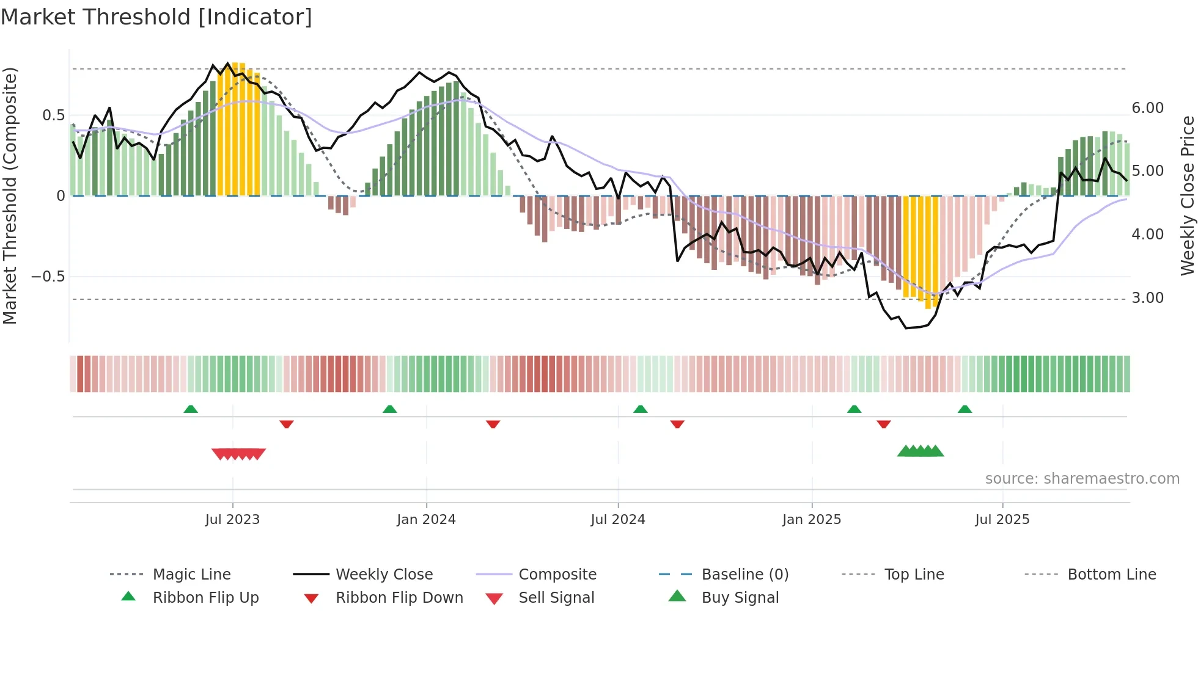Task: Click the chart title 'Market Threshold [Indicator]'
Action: point(156,17)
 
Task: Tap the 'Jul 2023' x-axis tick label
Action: point(232,520)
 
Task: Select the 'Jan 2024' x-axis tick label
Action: point(426,520)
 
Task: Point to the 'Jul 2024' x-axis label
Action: point(618,520)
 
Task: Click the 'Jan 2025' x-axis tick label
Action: point(812,520)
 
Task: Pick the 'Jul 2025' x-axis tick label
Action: point(1002,520)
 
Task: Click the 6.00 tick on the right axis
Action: point(1148,108)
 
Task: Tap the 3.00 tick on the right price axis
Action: point(1148,298)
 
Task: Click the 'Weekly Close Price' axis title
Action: point(1187,195)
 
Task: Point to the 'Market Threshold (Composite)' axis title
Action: point(10,195)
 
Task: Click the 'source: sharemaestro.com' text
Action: point(1082,479)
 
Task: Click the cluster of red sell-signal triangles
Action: point(238,454)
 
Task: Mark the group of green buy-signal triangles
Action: point(921,451)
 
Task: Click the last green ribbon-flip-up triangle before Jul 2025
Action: point(965,409)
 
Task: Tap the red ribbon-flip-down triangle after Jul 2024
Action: point(677,424)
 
